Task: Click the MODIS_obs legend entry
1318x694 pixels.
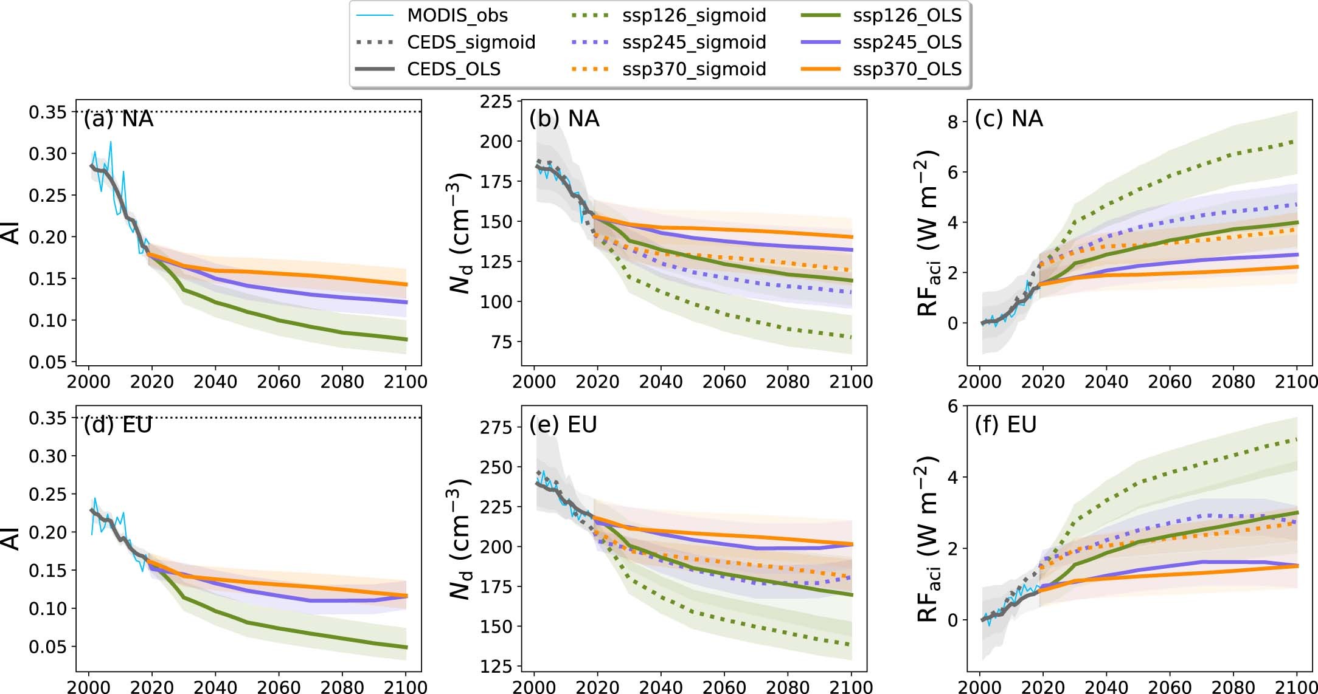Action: coord(457,15)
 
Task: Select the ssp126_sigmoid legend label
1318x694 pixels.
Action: coord(693,15)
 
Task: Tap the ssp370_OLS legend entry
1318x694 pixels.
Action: coord(906,69)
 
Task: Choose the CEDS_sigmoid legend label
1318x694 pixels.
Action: coord(471,42)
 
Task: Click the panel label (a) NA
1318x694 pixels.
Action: coord(119,119)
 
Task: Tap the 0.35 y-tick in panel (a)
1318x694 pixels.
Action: coord(47,112)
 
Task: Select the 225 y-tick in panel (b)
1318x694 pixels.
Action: coord(496,101)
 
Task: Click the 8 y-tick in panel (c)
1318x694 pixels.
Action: coord(952,122)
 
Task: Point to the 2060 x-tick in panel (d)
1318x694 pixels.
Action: coord(279,687)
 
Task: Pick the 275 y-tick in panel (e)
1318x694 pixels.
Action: coord(496,427)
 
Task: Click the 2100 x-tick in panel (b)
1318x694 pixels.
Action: coord(851,382)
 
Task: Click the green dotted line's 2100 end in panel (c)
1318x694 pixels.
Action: coord(1296,141)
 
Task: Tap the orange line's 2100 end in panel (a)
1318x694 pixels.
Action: coord(406,284)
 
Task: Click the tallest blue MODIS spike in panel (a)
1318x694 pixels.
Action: coord(111,142)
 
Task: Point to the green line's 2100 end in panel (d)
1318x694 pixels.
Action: coord(406,647)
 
